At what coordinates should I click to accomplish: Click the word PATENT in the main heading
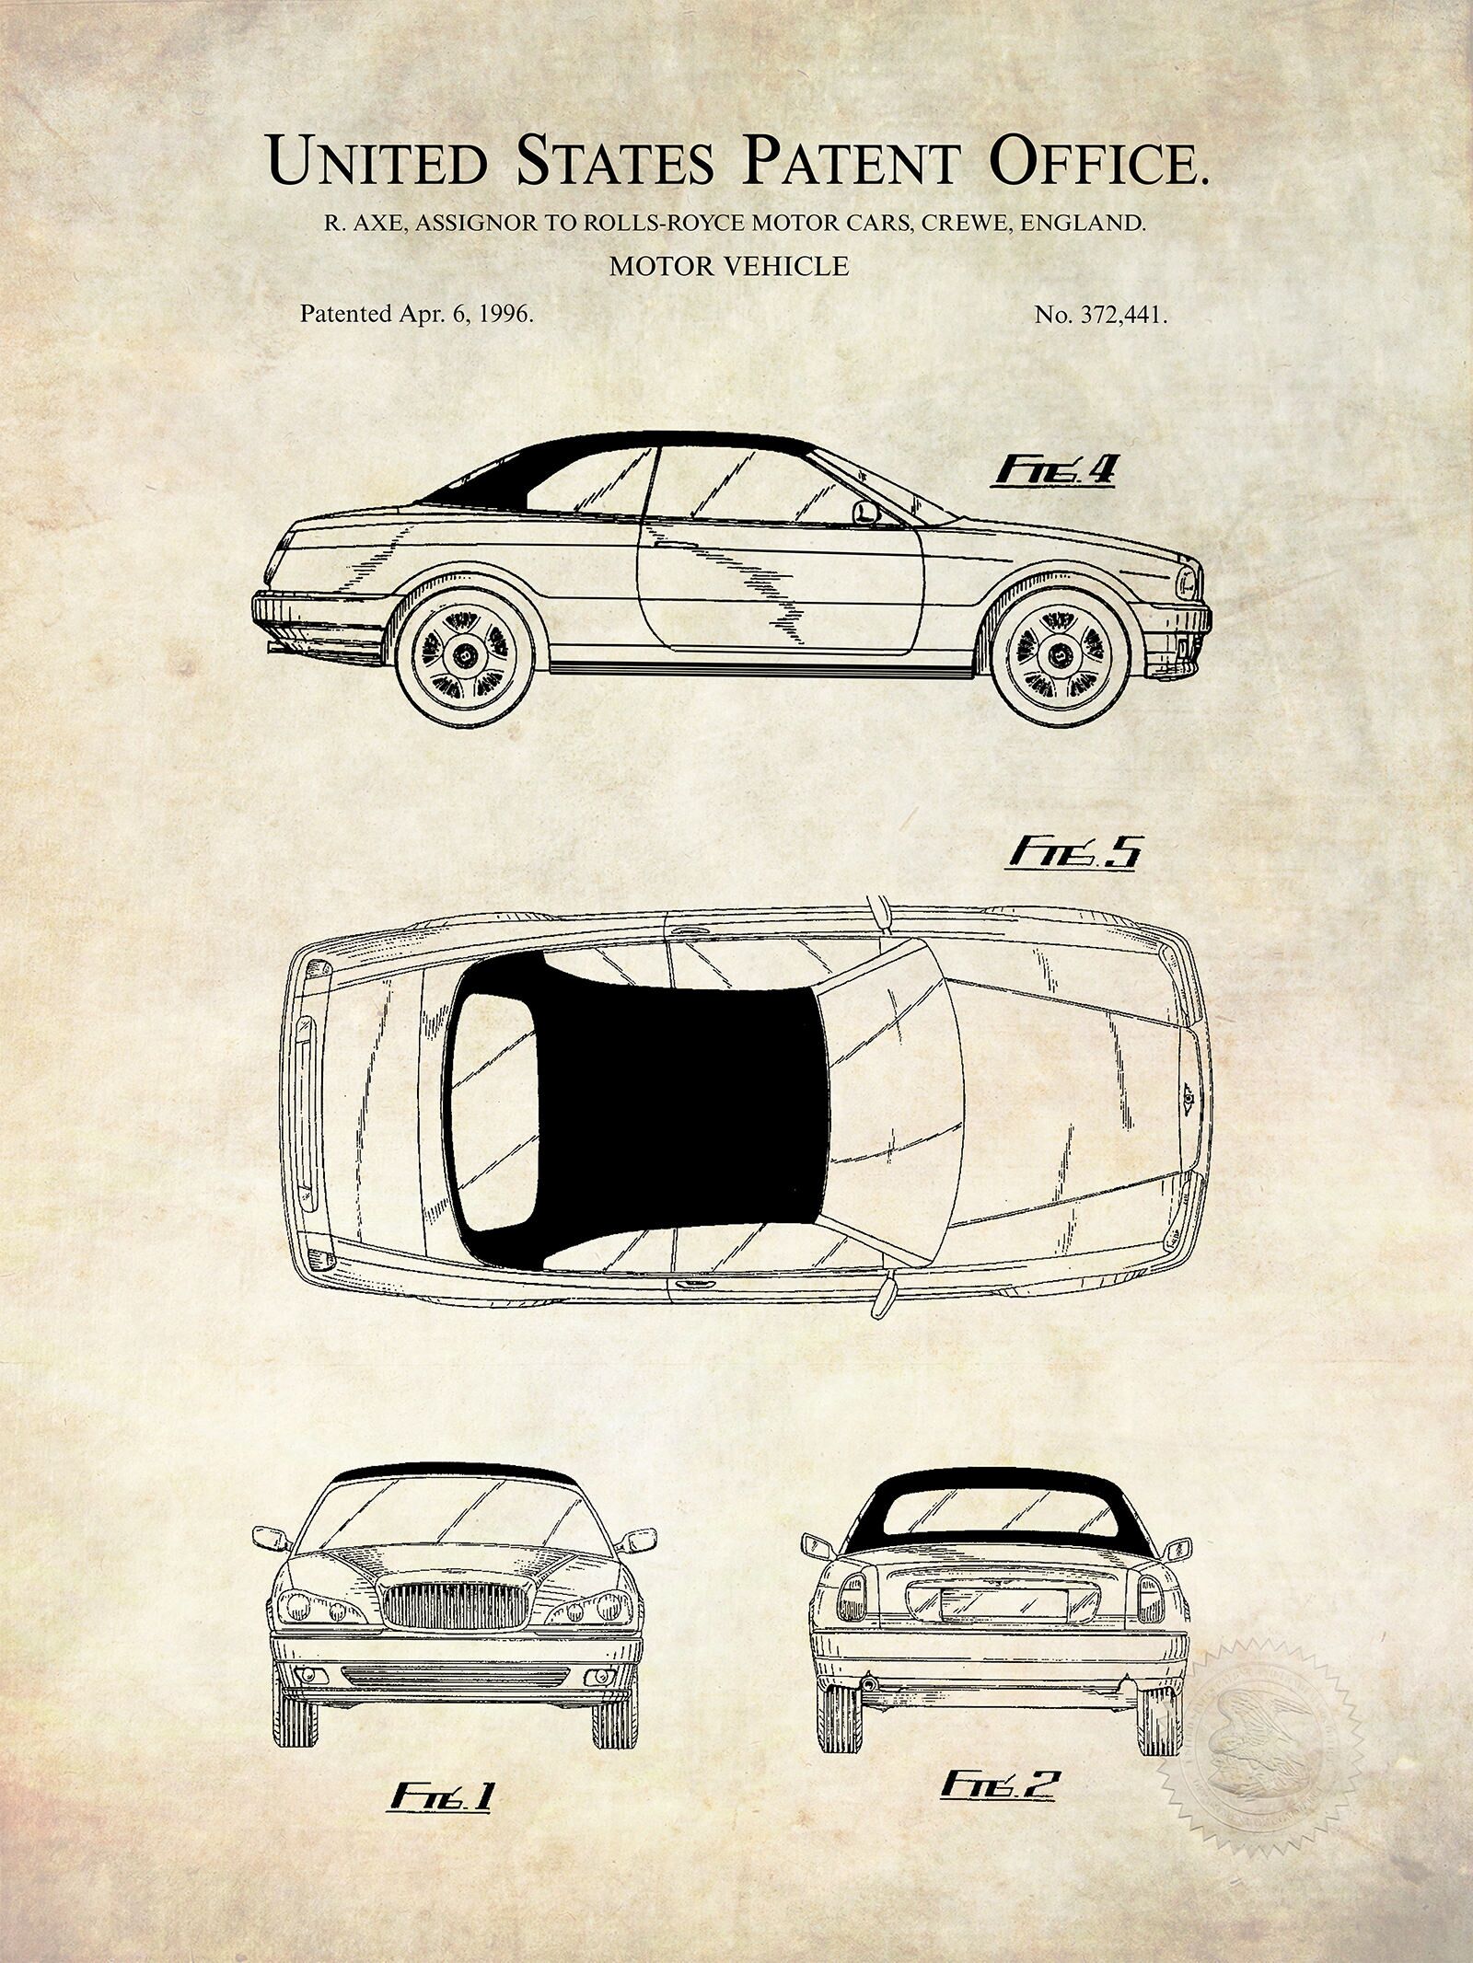(x=852, y=161)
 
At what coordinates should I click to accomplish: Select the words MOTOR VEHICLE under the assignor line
(x=729, y=266)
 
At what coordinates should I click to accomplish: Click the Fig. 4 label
(x=1054, y=472)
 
